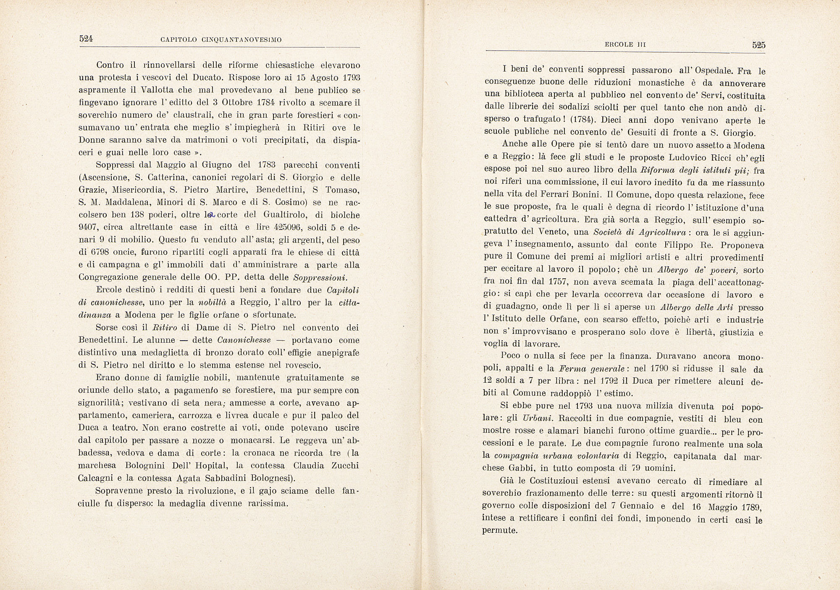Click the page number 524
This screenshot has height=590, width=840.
click(x=86, y=39)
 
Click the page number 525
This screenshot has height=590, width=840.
click(x=759, y=45)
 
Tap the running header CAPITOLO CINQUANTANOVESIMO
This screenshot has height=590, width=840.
click(x=221, y=40)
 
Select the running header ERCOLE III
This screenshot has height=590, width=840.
click(x=625, y=45)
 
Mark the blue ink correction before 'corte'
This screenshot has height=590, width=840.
click(x=211, y=215)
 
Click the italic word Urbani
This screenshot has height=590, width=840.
click(x=538, y=418)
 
